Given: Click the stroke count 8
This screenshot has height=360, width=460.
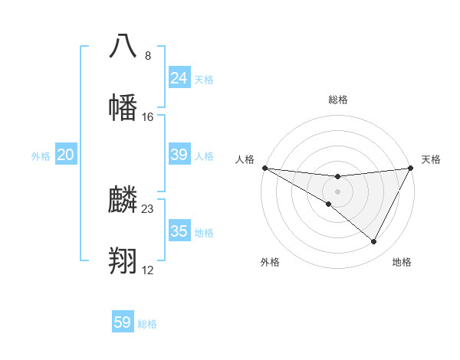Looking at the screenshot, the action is click(148, 55).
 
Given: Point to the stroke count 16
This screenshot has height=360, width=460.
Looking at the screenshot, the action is click(148, 117).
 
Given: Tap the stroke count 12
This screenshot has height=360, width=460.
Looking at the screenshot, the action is click(148, 270).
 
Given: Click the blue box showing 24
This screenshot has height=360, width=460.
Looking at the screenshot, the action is click(179, 78).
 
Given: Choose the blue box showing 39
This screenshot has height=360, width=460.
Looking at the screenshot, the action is click(179, 155).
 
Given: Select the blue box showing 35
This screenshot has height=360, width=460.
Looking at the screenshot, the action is click(179, 231).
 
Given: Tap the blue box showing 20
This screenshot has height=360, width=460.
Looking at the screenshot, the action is click(66, 155).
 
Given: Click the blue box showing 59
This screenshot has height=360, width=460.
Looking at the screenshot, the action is click(123, 322).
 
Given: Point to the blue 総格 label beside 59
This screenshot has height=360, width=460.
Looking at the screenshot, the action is click(147, 324).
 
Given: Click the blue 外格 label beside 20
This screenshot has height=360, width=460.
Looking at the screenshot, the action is click(41, 156).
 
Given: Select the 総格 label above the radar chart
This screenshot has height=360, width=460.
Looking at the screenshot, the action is click(337, 100).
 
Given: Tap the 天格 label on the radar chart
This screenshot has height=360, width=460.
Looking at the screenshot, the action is click(432, 159).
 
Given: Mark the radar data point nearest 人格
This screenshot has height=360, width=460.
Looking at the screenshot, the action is click(264, 168).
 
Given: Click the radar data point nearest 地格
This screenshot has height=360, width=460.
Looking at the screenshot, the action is click(374, 242).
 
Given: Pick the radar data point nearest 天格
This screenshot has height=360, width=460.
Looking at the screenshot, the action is click(411, 169).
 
